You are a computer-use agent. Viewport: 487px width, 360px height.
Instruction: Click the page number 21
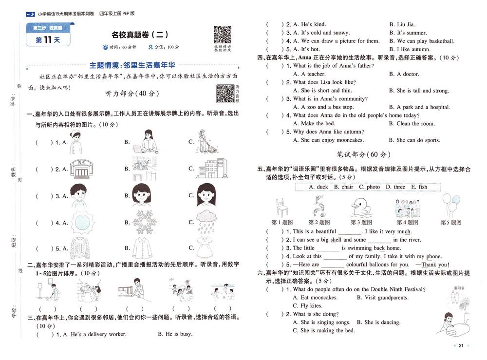tap(461, 345)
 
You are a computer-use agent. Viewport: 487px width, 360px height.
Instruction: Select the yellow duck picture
tap(362, 207)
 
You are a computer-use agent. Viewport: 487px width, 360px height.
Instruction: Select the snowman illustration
tap(88, 292)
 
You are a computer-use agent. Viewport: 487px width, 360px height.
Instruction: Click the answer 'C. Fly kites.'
tap(307, 306)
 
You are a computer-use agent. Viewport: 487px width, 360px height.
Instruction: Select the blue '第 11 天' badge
tap(48, 40)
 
